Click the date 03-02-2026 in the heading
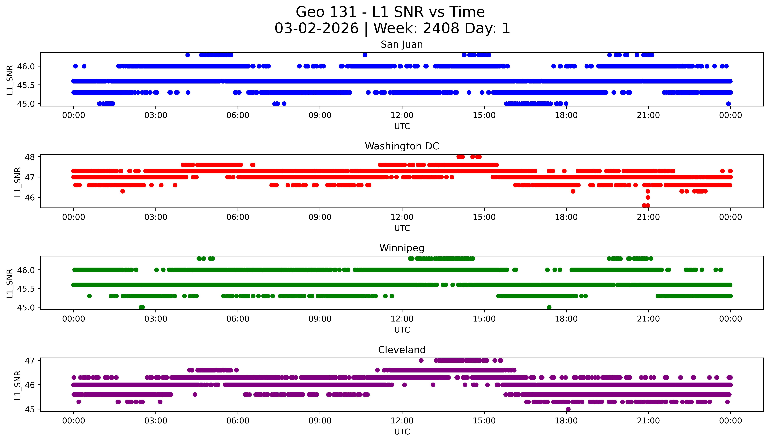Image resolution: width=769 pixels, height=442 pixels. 316,29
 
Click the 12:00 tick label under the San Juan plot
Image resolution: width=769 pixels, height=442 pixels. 402,115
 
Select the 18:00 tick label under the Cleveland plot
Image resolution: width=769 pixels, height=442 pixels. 566,421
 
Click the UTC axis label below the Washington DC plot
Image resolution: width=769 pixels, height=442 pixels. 402,228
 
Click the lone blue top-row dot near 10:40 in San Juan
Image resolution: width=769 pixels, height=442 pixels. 365,55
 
